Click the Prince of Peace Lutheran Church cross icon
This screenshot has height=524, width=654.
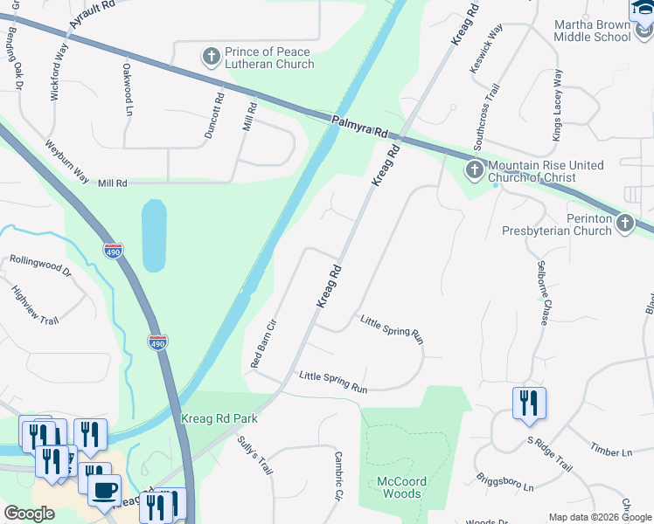[211, 58]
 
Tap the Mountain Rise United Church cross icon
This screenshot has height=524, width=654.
[474, 169]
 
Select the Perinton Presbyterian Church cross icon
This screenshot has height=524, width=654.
[624, 224]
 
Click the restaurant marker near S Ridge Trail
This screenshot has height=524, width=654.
[529, 403]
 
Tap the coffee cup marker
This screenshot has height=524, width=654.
[105, 489]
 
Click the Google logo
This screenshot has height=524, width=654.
[28, 514]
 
